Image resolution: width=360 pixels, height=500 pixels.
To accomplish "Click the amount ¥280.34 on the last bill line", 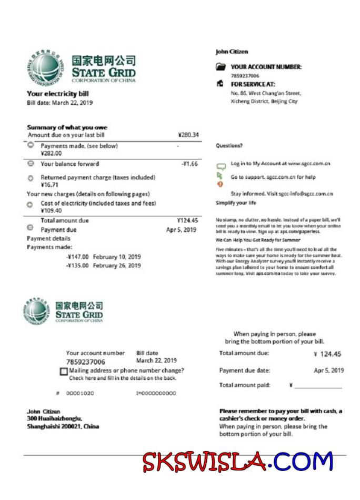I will coord(188,135).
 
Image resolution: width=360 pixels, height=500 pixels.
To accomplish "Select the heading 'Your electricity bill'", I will coord(58,94).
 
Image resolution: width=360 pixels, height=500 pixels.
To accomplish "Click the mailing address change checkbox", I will coord(64,372).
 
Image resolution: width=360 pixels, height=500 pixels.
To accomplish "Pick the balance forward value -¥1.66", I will coord(189,164).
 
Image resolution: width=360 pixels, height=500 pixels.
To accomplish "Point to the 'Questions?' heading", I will coord(229,146).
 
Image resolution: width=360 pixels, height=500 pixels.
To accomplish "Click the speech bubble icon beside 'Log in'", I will coord(221,165).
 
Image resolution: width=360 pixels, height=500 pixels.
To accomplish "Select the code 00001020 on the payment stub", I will coord(80,393).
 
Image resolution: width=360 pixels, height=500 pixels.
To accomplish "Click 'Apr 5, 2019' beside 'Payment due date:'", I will coord(328,371).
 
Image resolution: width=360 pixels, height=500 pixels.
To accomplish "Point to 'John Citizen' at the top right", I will coord(232,52).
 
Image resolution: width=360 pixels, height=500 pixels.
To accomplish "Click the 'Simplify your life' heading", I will coord(236,203).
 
